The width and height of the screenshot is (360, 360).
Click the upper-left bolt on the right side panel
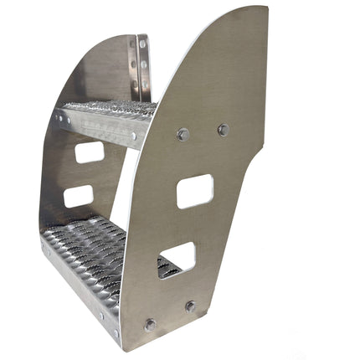183,134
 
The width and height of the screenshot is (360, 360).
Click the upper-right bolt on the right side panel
223,130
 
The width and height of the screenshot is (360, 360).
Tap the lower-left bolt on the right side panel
150,325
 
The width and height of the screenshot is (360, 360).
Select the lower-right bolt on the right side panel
191,306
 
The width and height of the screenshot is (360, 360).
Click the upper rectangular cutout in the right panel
194,191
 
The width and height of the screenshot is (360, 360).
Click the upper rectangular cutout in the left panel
90,152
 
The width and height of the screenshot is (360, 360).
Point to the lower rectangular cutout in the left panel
79,197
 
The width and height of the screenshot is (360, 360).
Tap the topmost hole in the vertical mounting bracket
143,43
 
